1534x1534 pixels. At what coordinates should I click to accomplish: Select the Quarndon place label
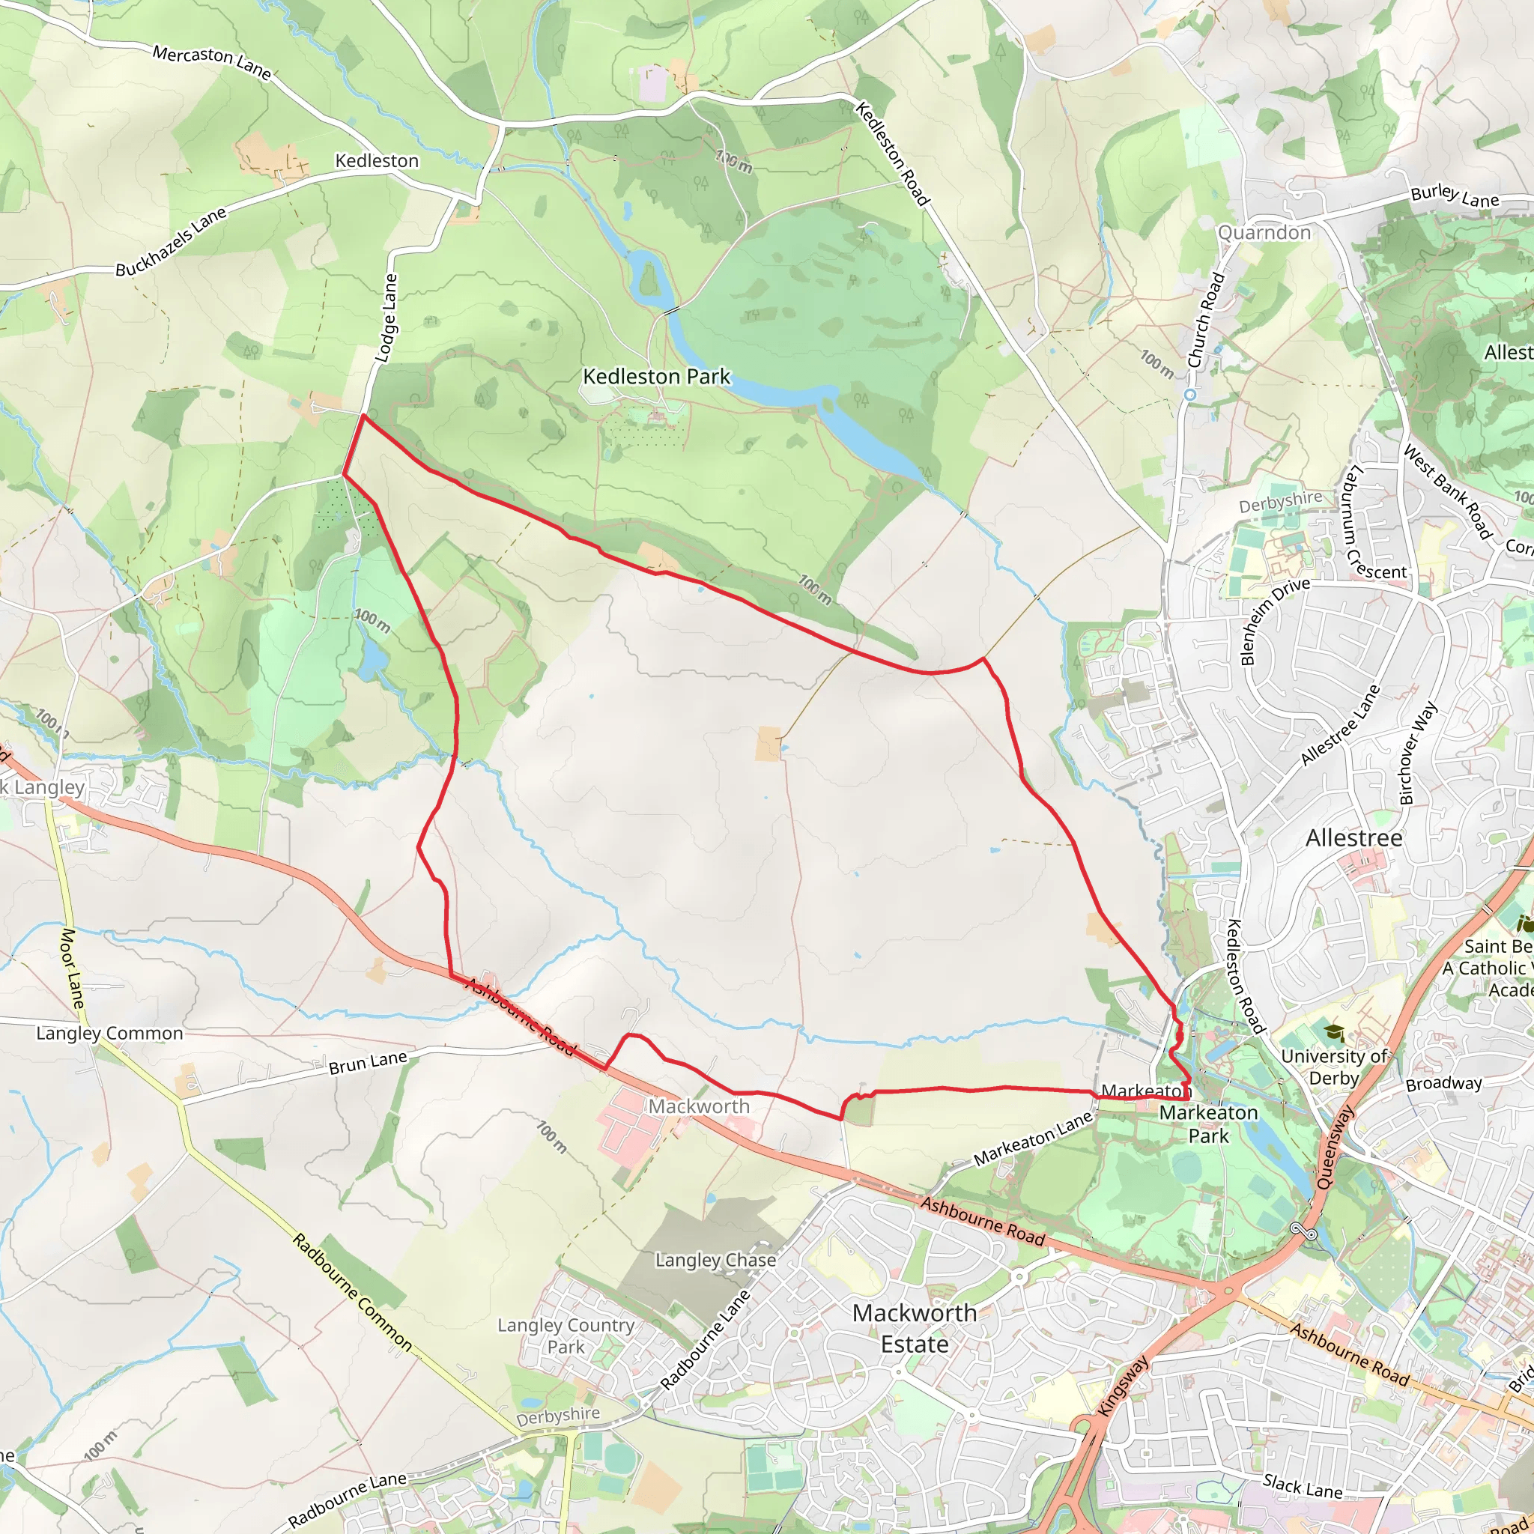point(1264,233)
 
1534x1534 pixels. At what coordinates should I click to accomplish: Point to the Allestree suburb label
point(1353,838)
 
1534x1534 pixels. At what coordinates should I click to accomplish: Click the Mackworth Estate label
point(915,1328)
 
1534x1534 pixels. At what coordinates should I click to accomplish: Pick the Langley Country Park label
point(566,1336)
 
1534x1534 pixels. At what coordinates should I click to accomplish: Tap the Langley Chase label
point(715,1260)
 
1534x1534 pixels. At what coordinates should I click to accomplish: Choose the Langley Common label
point(109,1033)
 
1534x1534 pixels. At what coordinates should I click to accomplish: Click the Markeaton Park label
point(1208,1124)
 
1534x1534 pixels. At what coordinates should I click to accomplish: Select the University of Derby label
point(1334,1067)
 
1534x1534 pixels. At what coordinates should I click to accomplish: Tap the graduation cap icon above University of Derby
point(1334,1032)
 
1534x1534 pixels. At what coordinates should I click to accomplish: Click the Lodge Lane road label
point(386,318)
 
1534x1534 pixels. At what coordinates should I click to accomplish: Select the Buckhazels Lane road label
point(171,241)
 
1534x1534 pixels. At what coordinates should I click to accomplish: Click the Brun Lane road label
point(368,1062)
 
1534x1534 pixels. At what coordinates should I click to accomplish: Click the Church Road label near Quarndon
point(1205,320)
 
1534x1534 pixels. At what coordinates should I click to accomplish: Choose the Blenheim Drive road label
point(1274,622)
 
